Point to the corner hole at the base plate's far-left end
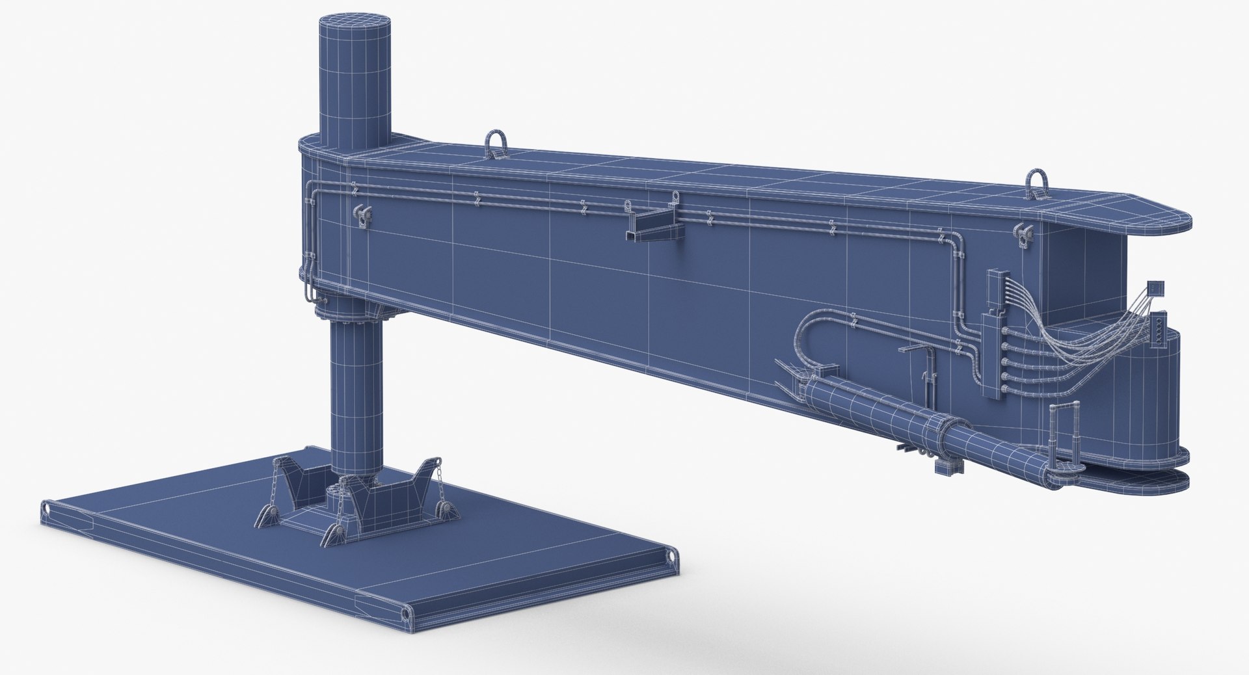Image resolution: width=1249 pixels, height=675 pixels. [x=46, y=507]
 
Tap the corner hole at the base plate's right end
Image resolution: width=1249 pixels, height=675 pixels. [x=670, y=553]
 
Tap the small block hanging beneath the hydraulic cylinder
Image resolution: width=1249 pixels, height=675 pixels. [x=941, y=466]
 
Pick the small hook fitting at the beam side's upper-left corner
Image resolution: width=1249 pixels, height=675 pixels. [x=360, y=214]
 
